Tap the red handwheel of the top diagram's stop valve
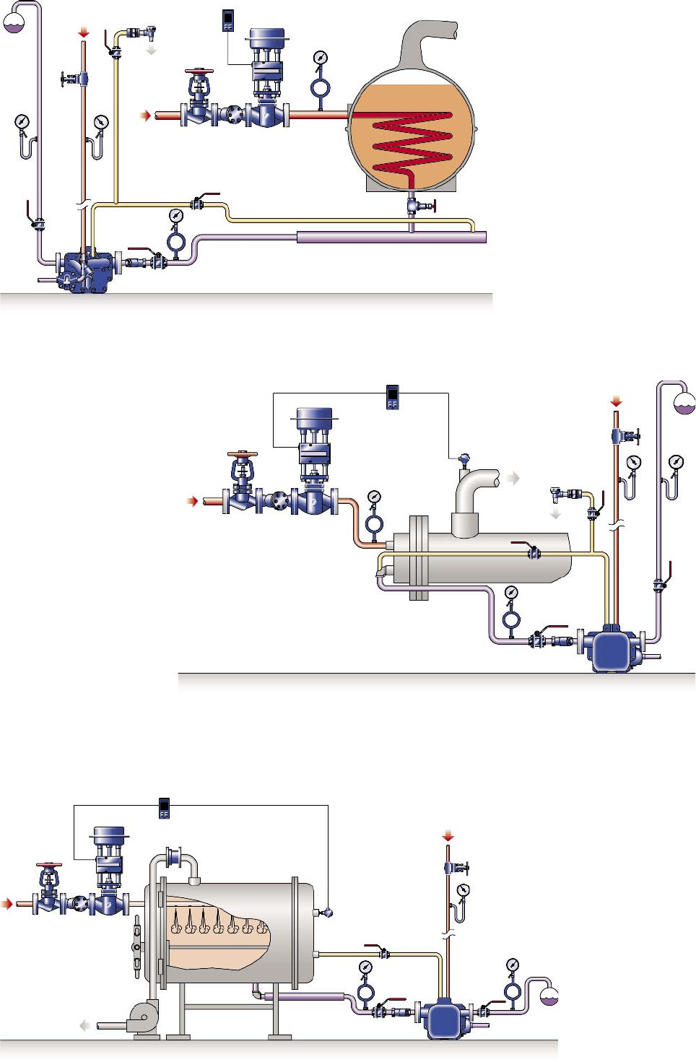[x=199, y=72]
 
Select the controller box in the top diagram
[x=228, y=20]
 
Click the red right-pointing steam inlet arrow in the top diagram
[x=146, y=116]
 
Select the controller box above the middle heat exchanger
[x=392, y=397]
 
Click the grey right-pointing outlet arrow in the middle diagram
[x=513, y=478]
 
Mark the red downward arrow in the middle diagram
[x=616, y=401]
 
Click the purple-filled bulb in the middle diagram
[x=684, y=404]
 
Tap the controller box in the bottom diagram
[x=164, y=808]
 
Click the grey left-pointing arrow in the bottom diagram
[x=85, y=1025]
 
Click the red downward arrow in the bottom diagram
[x=448, y=836]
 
